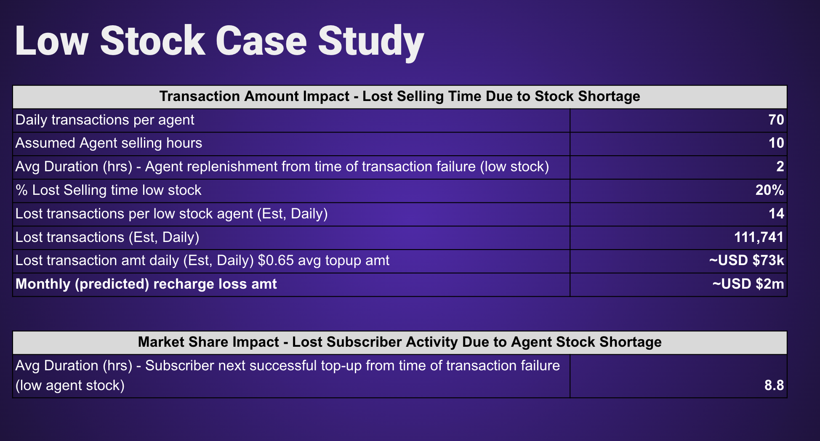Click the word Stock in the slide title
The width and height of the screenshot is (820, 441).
(153, 41)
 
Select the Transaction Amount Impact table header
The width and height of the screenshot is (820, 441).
(400, 96)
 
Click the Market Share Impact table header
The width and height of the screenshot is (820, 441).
(400, 342)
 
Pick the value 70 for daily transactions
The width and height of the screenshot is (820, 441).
(776, 120)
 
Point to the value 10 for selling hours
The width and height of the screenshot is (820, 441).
(776, 143)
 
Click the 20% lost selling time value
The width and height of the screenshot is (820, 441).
(770, 190)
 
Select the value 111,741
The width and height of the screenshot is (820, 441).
(759, 237)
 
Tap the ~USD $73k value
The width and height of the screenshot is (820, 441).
(747, 260)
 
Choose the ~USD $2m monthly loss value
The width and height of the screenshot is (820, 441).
(748, 284)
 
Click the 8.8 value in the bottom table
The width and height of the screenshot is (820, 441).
(774, 385)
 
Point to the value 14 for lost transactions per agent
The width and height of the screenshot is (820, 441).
(776, 214)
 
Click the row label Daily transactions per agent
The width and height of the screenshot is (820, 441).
(105, 120)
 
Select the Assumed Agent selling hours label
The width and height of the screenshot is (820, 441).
(109, 143)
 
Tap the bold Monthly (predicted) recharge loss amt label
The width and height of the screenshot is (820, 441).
(146, 284)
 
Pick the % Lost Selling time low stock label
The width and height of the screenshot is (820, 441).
(108, 191)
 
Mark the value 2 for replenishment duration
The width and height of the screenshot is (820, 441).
(780, 167)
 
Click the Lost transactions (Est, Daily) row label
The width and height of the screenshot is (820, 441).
(107, 238)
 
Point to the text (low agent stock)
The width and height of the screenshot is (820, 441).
(70, 386)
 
